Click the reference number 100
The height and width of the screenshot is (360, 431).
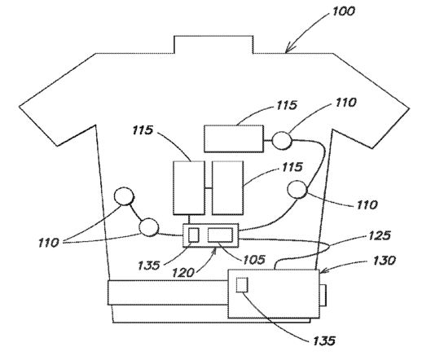pyautogui.click(x=344, y=11)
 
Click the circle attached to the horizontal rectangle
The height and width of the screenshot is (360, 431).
pyautogui.click(x=282, y=140)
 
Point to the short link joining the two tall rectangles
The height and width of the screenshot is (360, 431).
pyautogui.click(x=209, y=188)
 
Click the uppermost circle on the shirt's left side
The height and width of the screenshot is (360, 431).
pyautogui.click(x=124, y=196)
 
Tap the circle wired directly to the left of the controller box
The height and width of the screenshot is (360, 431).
pyautogui.click(x=149, y=227)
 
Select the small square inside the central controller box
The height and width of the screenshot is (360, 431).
pyautogui.click(x=194, y=235)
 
